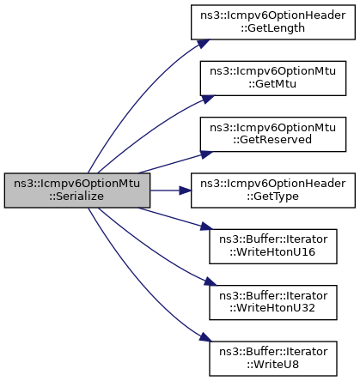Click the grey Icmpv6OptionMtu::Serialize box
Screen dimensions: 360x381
tap(77, 190)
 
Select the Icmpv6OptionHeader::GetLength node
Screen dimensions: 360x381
tap(273, 22)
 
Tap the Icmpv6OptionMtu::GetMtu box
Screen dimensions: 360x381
tap(273, 78)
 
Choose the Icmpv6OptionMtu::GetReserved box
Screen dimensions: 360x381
tap(273, 134)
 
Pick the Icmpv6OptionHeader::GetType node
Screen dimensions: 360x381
tap(273, 190)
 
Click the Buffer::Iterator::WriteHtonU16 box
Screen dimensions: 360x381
tap(273, 246)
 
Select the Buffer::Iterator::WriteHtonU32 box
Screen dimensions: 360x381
tap(273, 302)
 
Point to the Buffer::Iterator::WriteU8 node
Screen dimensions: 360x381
tap(273, 359)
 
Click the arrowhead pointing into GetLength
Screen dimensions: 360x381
tap(204, 44)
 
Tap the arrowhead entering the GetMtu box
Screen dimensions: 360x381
tap(208, 99)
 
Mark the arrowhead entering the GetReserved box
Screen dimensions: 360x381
tap(207, 154)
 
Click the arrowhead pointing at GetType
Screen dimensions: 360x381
tap(186, 190)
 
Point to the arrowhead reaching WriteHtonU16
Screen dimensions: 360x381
tap(207, 227)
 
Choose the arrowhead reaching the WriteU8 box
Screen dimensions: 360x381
tap(206, 337)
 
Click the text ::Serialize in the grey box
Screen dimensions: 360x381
tap(76, 197)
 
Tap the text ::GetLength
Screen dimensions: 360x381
tap(272, 28)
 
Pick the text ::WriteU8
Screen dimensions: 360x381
tap(273, 365)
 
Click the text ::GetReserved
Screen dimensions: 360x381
tap(272, 140)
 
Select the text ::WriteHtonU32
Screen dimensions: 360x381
tap(272, 308)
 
